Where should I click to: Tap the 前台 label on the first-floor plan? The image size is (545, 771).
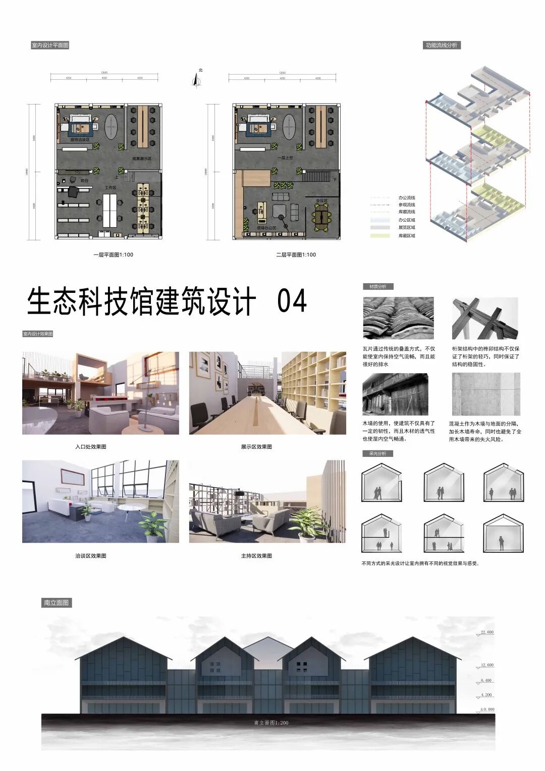(85, 180)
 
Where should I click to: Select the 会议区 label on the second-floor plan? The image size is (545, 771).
(321, 200)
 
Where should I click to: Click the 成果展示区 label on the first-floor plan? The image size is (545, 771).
(142, 159)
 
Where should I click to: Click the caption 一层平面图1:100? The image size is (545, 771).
(113, 254)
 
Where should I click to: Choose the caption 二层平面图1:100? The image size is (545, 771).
(296, 254)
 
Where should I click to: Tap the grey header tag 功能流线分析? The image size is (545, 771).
(442, 45)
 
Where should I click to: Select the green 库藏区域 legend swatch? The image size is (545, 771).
(379, 235)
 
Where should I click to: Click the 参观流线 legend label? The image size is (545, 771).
(407, 204)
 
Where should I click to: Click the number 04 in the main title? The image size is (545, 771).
(292, 301)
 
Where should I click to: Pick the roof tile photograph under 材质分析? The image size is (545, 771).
(398, 318)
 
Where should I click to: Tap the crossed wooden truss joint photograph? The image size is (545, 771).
(485, 318)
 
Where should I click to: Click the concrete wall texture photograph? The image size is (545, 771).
(485, 394)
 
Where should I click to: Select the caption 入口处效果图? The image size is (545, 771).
(91, 447)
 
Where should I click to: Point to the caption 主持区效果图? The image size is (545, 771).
(256, 556)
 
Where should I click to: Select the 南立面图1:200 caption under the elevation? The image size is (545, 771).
(271, 723)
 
